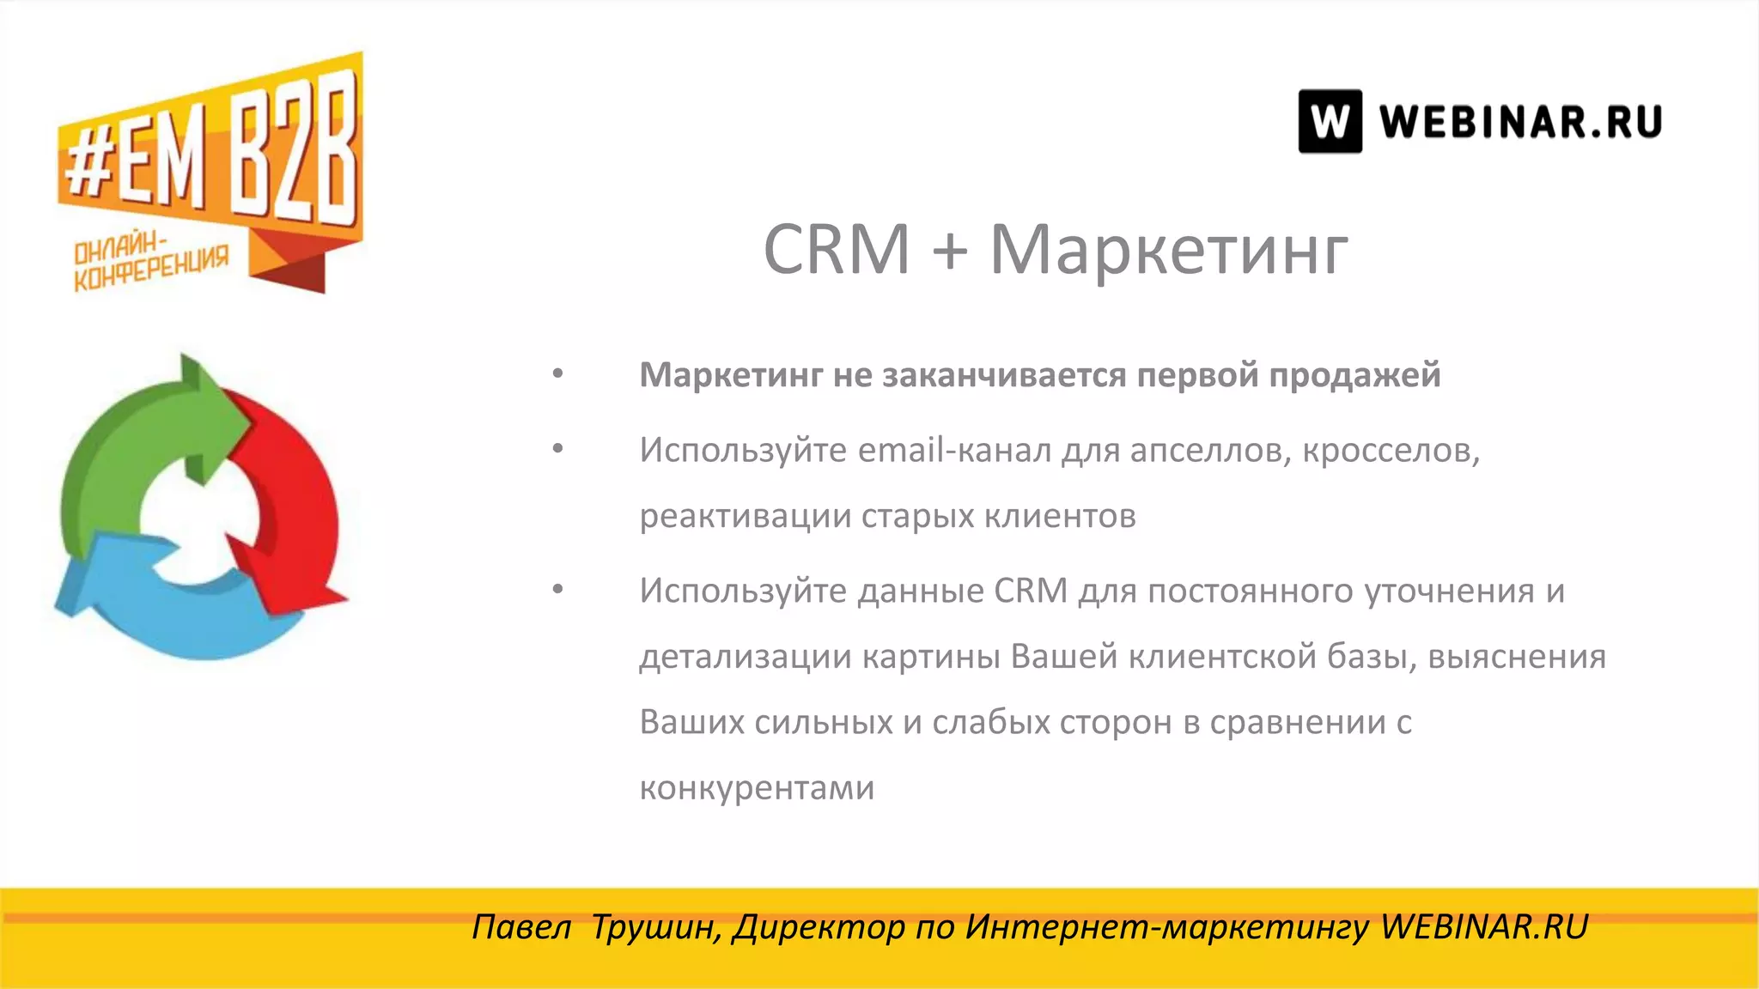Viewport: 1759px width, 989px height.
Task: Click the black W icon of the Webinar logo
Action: click(1330, 121)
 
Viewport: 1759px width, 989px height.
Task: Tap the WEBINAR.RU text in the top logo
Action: click(1520, 121)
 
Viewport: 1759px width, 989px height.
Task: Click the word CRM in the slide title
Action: click(836, 250)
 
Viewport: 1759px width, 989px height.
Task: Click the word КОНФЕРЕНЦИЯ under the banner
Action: click(151, 270)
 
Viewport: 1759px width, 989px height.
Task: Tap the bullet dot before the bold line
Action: click(558, 373)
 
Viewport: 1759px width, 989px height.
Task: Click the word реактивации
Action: click(745, 517)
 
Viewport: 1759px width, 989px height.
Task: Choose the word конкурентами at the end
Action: click(757, 788)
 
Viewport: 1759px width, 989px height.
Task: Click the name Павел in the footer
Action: click(521, 927)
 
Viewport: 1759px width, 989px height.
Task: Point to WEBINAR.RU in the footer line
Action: click(1484, 927)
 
